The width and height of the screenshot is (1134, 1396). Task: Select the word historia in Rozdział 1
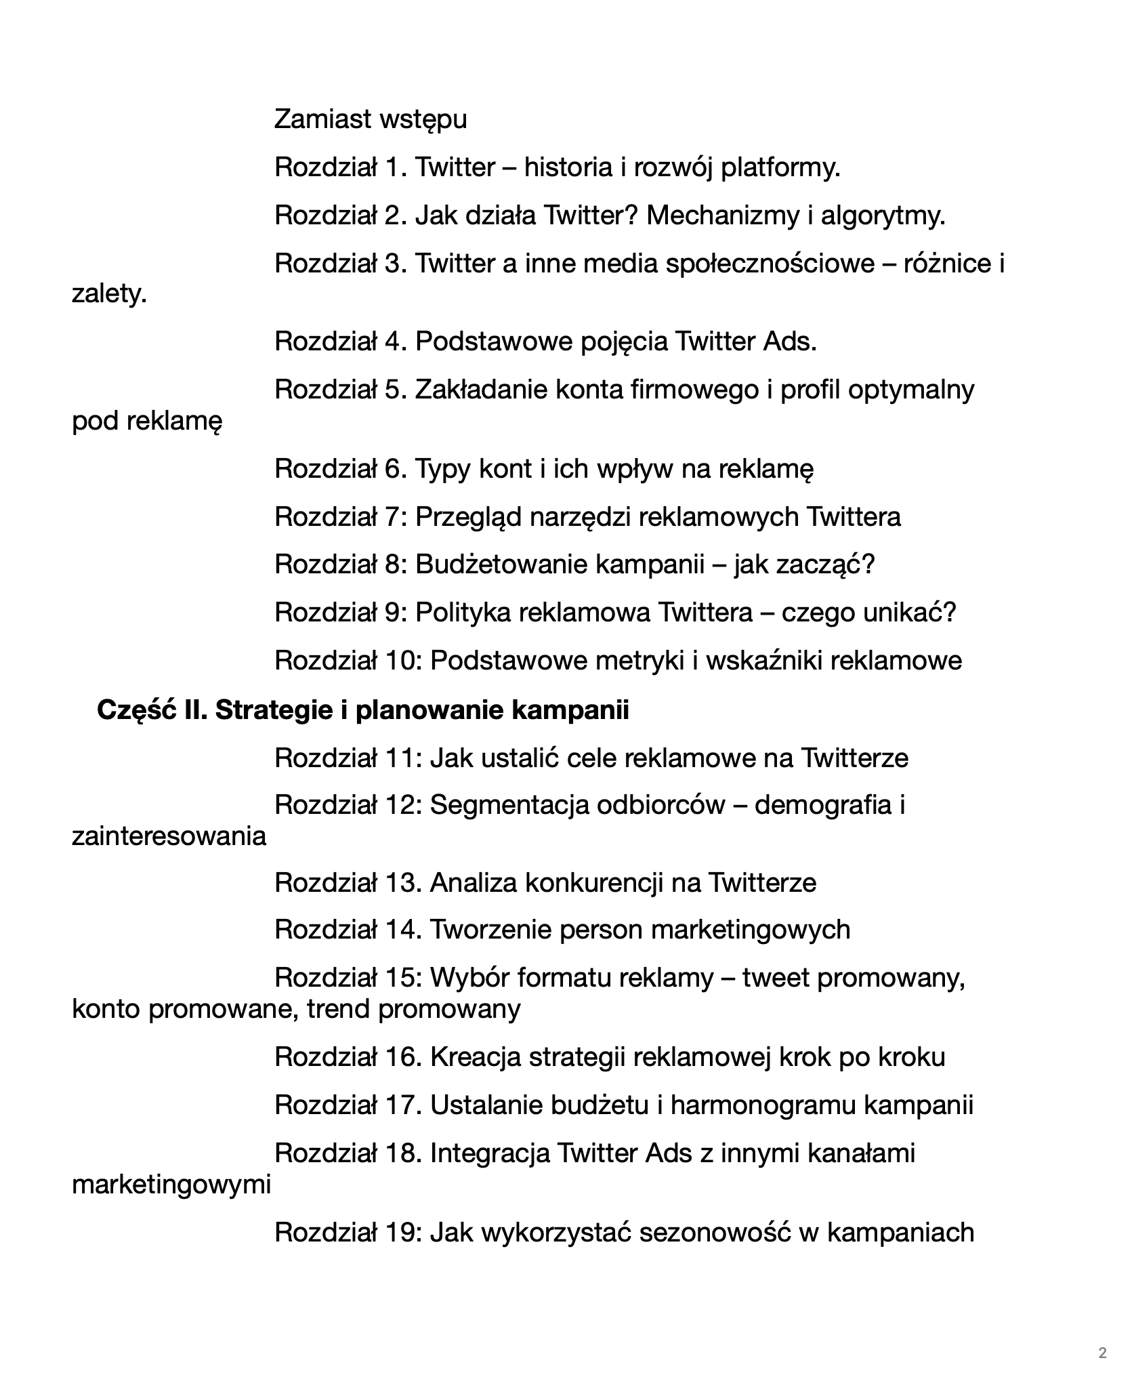568,167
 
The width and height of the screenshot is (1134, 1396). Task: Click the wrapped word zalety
109,294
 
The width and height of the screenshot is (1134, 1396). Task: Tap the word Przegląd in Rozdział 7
469,517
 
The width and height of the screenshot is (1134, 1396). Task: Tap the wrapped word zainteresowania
169,836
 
